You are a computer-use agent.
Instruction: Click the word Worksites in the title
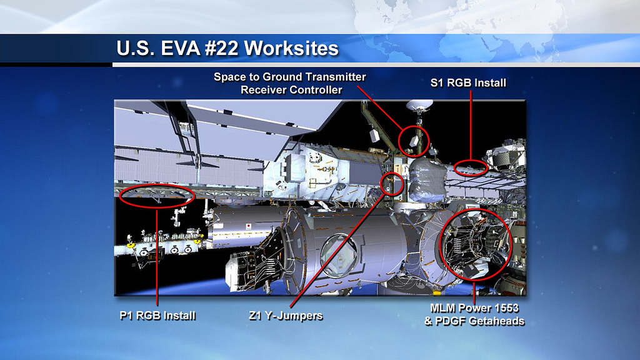[x=291, y=48]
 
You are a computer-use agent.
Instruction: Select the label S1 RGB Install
[x=468, y=83]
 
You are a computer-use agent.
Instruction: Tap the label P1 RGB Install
[x=157, y=316]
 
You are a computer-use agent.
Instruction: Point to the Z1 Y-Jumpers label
[x=286, y=316]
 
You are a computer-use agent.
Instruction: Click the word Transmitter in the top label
[x=336, y=77]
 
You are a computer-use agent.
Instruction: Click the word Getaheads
[x=496, y=321]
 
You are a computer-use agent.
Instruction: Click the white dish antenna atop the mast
[x=419, y=105]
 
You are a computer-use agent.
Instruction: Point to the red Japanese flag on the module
[x=247, y=226]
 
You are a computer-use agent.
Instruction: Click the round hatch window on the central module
[x=338, y=256]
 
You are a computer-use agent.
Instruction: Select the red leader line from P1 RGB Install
[x=157, y=257]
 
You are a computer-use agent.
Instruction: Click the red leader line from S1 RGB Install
[x=471, y=125]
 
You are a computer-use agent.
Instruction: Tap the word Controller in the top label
[x=312, y=90]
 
